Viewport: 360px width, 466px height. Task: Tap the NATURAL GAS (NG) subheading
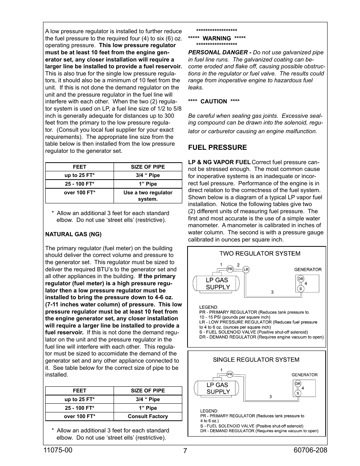[73, 234]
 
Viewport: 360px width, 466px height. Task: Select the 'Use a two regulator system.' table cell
[148, 196]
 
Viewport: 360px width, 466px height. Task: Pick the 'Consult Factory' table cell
[148, 417]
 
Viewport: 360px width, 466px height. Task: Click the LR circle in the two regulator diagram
[246, 269]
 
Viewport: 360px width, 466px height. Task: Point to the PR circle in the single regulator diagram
[230, 374]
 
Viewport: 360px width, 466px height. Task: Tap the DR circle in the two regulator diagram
[301, 279]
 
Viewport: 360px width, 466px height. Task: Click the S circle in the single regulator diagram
[298, 393]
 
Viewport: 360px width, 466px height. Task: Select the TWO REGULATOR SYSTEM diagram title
[260, 254]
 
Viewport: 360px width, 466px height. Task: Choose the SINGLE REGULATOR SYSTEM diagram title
[256, 360]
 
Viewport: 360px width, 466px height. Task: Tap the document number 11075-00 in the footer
[58, 450]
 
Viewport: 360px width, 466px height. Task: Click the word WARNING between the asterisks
[217, 38]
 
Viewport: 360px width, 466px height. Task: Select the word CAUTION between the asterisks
[214, 102]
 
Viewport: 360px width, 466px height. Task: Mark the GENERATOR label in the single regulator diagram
[305, 375]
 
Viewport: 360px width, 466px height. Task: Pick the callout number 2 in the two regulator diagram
[238, 265]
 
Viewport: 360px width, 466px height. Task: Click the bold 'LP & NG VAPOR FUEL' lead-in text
[219, 162]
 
